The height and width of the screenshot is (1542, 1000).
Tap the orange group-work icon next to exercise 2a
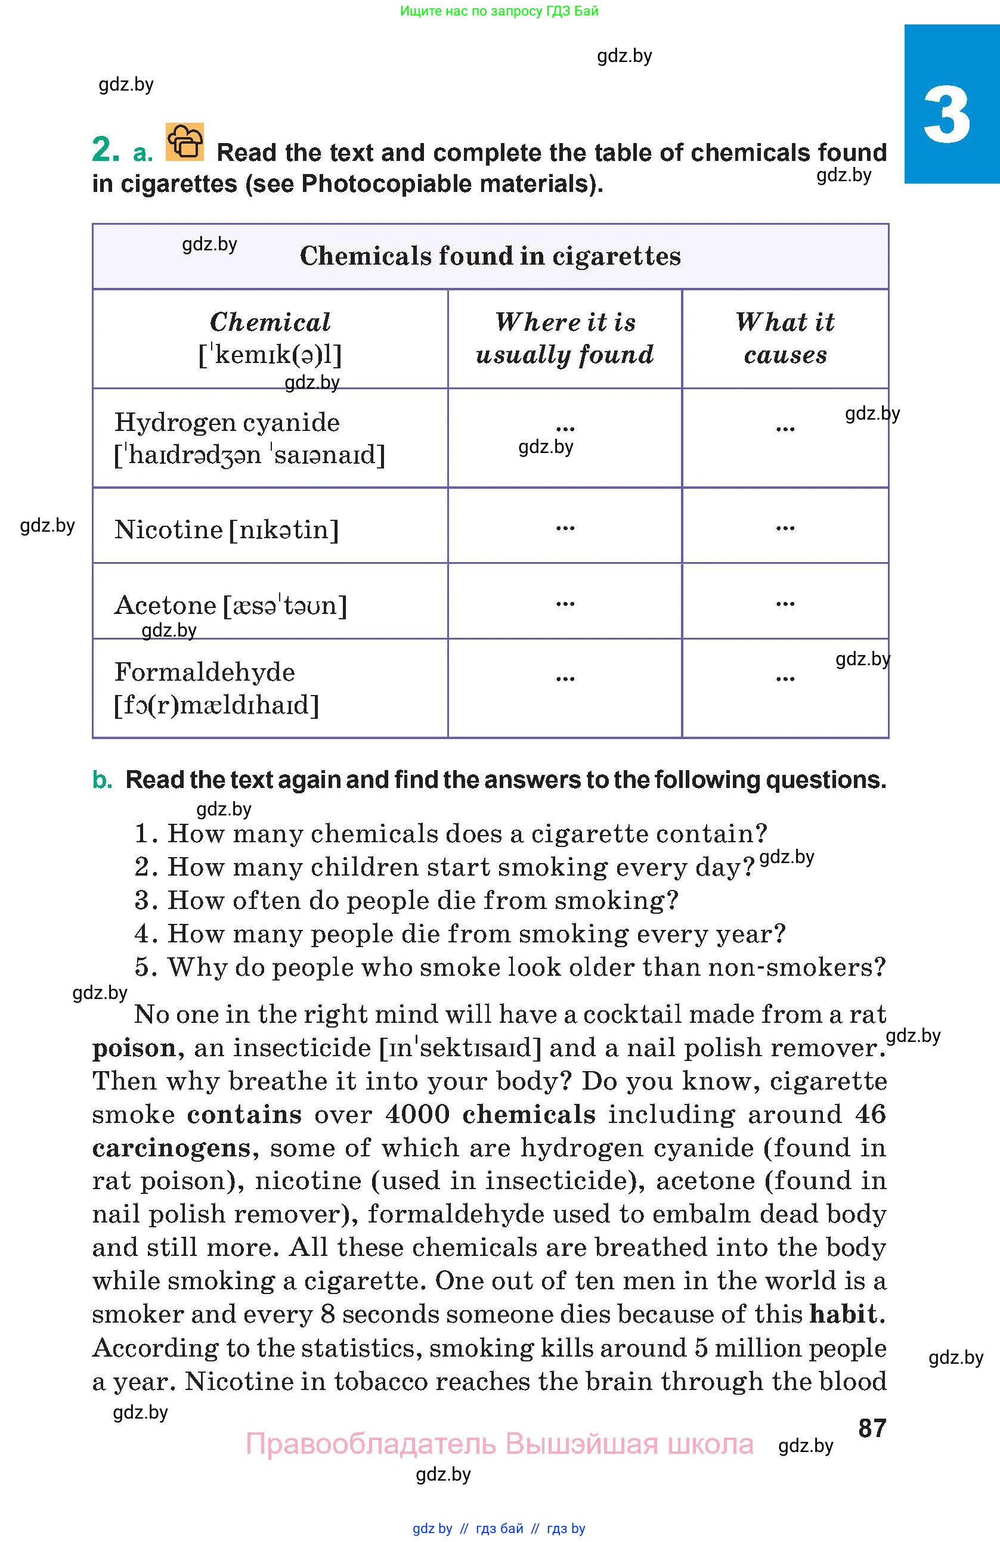click(x=185, y=141)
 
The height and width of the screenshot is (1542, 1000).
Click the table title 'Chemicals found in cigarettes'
click(x=490, y=256)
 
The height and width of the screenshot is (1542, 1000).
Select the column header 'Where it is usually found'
click(x=565, y=338)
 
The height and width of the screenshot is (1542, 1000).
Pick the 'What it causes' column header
click(x=785, y=338)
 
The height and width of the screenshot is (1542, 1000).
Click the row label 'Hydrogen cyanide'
click(x=227, y=423)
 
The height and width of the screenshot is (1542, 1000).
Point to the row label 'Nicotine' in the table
click(x=169, y=529)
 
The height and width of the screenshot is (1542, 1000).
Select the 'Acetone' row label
click(x=165, y=605)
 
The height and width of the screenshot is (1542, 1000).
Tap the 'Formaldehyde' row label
click(x=204, y=672)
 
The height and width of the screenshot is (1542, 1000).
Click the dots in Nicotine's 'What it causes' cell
click(x=785, y=528)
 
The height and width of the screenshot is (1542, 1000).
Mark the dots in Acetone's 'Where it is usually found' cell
click(x=565, y=604)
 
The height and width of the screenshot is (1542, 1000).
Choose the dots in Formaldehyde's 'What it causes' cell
click(x=785, y=678)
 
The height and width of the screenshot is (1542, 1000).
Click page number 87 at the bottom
click(x=872, y=1428)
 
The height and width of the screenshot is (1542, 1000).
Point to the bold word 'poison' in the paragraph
click(x=134, y=1048)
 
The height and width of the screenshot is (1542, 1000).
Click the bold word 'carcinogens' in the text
click(x=171, y=1148)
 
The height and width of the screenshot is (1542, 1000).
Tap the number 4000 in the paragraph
click(x=417, y=1115)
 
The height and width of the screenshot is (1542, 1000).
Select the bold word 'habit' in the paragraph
click(x=843, y=1314)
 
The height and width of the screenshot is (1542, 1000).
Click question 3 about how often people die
click(x=406, y=901)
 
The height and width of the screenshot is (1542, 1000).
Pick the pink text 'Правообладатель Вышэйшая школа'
click(x=499, y=1444)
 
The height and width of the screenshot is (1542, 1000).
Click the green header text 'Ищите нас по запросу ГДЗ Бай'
click(x=499, y=11)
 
